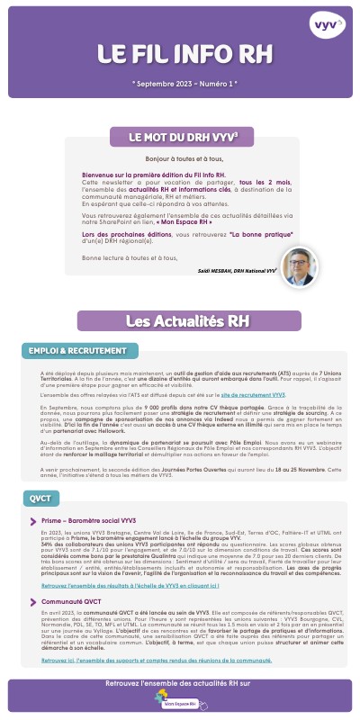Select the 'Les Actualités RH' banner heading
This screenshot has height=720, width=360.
pos(180,319)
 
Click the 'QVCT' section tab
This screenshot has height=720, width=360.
pos(38,499)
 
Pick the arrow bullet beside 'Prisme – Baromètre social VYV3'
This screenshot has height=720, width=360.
pos(32,521)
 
